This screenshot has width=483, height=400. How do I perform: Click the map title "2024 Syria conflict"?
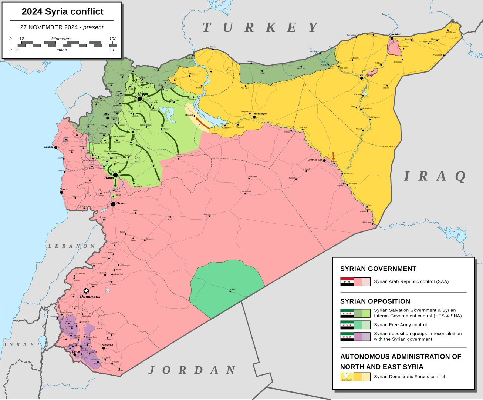[x=63, y=12]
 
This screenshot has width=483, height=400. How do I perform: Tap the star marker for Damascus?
[x=86, y=291]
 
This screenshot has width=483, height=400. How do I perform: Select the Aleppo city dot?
[x=140, y=99]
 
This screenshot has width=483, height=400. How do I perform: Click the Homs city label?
[x=121, y=203]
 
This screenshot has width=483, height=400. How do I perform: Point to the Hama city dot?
[x=115, y=175]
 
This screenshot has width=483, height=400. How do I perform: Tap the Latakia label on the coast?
[x=49, y=147]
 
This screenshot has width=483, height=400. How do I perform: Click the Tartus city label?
[x=64, y=189]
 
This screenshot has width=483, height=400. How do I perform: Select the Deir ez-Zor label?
[x=315, y=160]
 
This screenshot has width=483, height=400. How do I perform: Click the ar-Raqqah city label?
[x=261, y=114]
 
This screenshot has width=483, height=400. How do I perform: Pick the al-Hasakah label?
[x=367, y=75]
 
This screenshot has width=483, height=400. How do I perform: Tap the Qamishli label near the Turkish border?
[x=395, y=34]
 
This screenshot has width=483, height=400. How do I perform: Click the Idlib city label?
[x=106, y=114]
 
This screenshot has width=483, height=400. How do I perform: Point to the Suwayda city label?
[x=108, y=345]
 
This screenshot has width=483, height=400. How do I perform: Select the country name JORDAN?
[x=192, y=370]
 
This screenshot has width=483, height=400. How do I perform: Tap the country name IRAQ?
[x=435, y=176]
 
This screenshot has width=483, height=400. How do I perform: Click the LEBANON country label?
[x=72, y=246]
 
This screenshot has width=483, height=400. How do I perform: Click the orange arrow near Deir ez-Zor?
[x=333, y=156]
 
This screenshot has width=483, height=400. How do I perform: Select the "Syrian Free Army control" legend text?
[x=400, y=325]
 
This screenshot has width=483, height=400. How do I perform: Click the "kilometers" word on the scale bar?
[x=61, y=39]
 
